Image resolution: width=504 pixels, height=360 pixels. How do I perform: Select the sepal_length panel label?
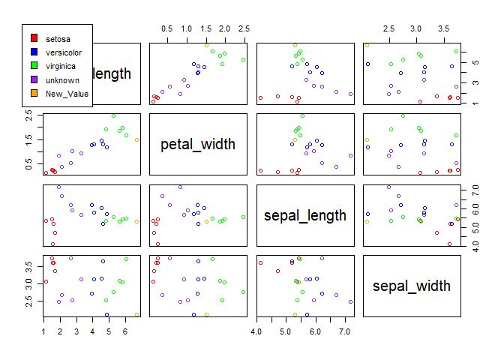[x=305, y=215]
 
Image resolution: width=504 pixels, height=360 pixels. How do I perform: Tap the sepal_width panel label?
[x=412, y=286]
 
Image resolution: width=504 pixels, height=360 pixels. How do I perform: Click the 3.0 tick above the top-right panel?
[x=416, y=28]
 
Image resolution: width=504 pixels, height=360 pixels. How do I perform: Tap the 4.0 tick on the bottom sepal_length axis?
[x=257, y=330]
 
